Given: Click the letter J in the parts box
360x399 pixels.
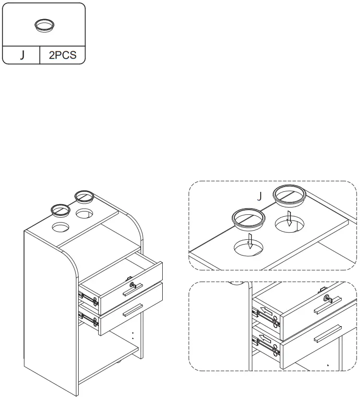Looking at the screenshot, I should click(x=22, y=55).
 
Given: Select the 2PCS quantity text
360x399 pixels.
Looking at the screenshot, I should click(x=62, y=55).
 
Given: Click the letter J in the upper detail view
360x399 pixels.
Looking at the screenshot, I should click(x=260, y=196).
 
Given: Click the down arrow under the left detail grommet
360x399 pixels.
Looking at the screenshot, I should click(x=250, y=241).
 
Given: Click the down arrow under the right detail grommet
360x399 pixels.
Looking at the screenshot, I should click(x=289, y=220).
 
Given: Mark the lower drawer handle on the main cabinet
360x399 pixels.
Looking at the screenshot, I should click(x=133, y=311).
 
